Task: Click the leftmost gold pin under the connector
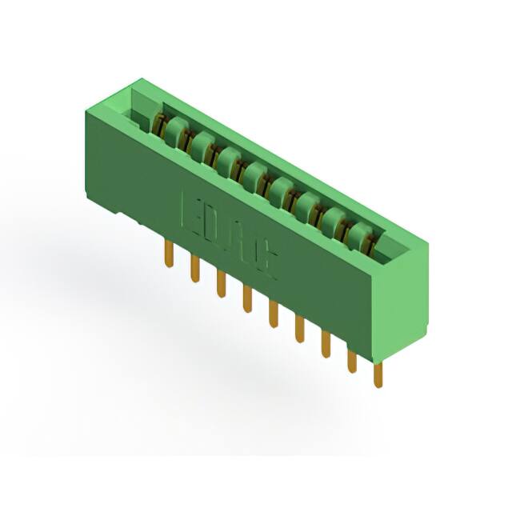point(168,254)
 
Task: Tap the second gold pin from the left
point(194,268)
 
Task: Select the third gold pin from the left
point(221,283)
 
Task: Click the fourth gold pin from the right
point(299,328)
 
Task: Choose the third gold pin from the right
point(326,343)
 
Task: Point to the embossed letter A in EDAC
point(243,242)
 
